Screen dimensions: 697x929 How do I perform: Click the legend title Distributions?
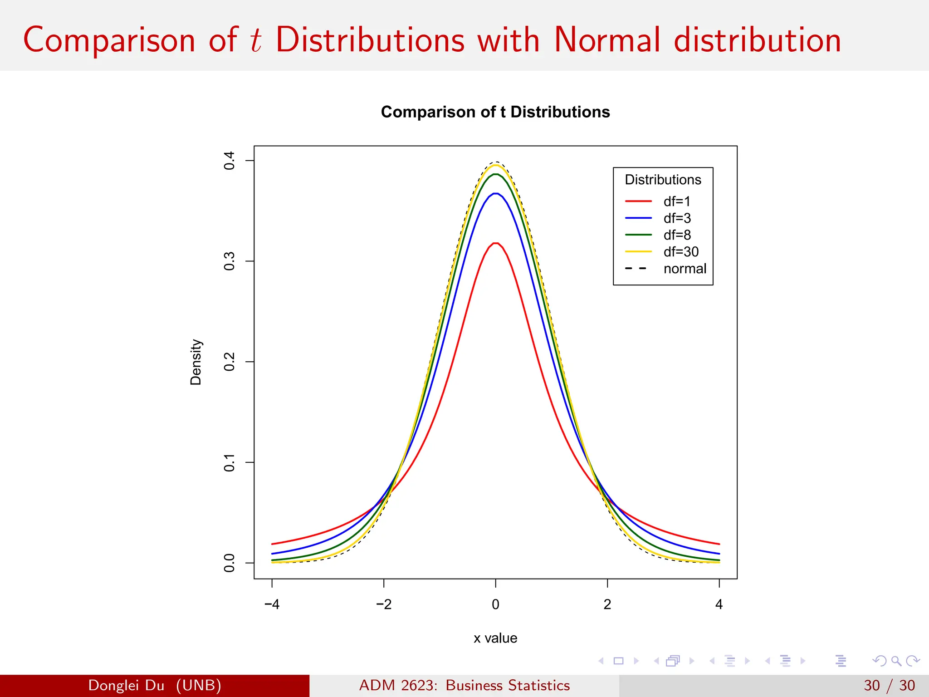[x=663, y=180]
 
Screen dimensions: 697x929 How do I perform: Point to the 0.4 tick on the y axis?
[x=230, y=161]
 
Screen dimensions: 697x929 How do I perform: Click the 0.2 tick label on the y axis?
[x=230, y=362]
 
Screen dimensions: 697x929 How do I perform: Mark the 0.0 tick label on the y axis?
[x=230, y=563]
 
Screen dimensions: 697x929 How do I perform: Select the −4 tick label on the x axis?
[x=272, y=604]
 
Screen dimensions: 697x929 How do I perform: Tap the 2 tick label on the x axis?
[x=607, y=604]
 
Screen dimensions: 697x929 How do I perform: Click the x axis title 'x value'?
[x=495, y=638]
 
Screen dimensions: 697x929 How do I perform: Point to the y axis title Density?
[x=196, y=362]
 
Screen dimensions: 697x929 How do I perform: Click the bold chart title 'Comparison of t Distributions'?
[x=495, y=112]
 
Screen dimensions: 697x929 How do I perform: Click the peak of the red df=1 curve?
[x=496, y=243]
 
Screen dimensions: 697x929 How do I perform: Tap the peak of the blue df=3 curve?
[x=496, y=194]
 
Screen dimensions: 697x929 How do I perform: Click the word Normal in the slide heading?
[x=607, y=40]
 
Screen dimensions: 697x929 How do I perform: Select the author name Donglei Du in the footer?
[x=126, y=685]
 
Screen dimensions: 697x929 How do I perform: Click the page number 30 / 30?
[x=889, y=685]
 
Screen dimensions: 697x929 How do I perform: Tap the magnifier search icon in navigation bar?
[x=896, y=661]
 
